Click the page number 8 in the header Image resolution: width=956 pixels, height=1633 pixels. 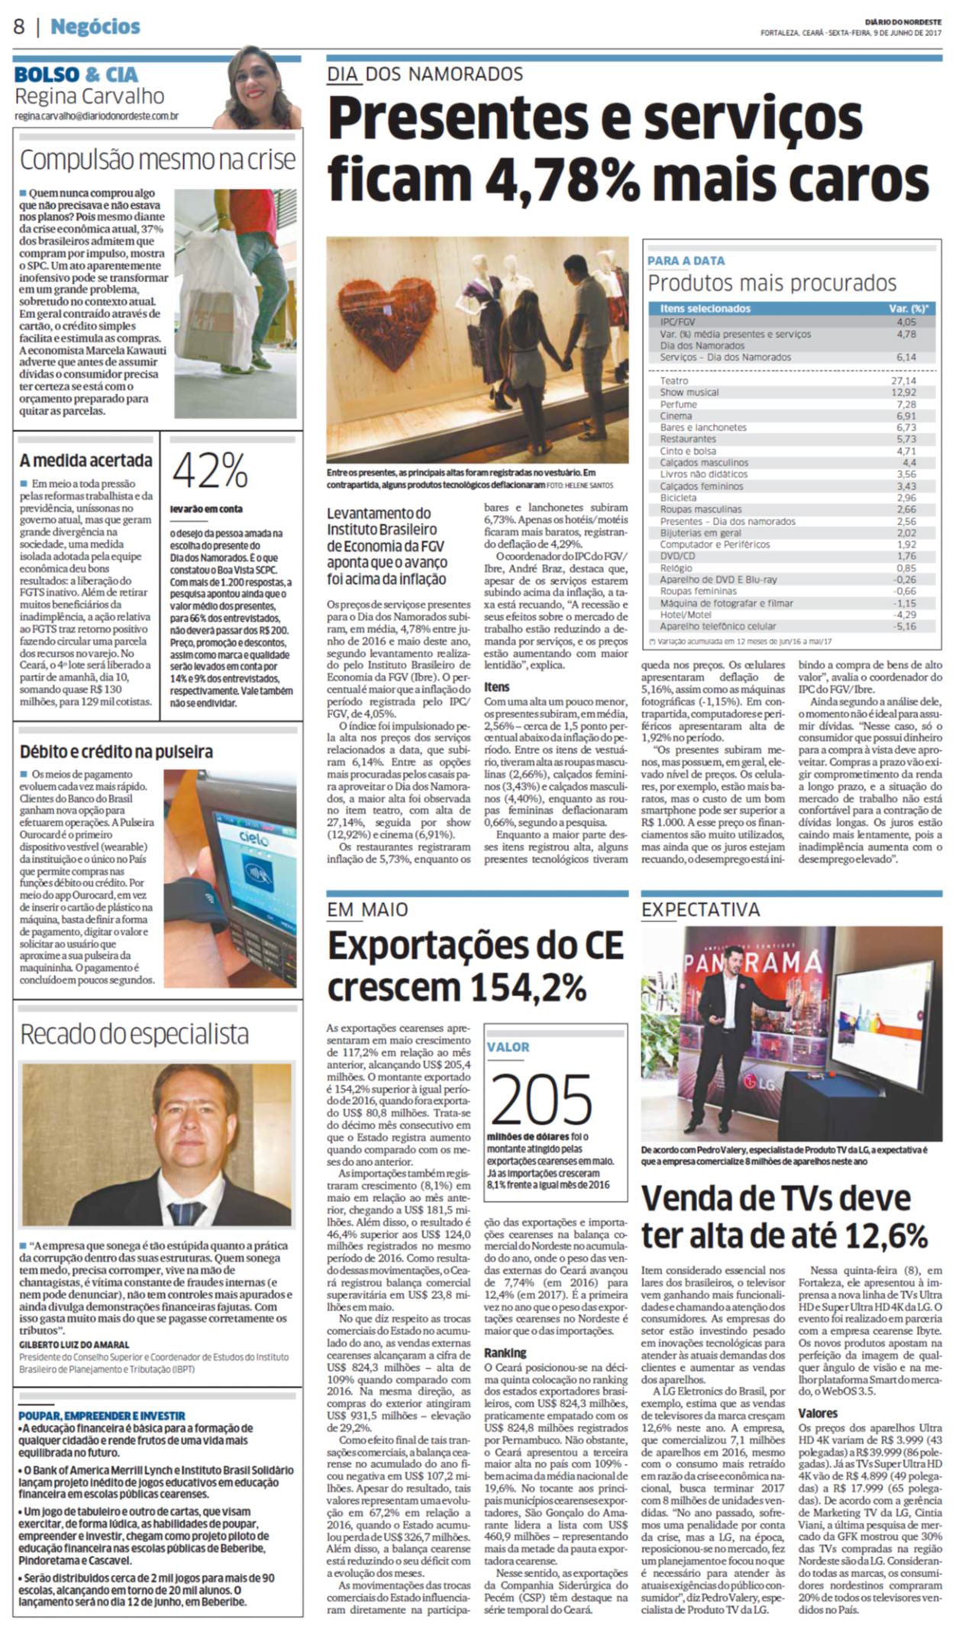19,27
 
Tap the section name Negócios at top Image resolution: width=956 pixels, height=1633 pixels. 95,27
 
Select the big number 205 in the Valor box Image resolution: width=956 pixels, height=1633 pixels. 541,1098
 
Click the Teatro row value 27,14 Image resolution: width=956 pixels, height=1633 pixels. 903,381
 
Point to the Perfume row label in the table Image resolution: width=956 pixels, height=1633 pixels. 678,404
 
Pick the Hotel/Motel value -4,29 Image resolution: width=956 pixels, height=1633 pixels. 906,614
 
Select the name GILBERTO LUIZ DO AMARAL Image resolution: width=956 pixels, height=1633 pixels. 74,1344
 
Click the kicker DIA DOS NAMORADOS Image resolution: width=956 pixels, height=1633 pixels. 425,74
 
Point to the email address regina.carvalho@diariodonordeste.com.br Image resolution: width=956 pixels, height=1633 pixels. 96,116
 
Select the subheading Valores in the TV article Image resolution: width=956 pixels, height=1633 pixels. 818,1413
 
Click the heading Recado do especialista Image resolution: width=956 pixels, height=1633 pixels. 134,1034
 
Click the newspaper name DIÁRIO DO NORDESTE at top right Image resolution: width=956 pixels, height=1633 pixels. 903,22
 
